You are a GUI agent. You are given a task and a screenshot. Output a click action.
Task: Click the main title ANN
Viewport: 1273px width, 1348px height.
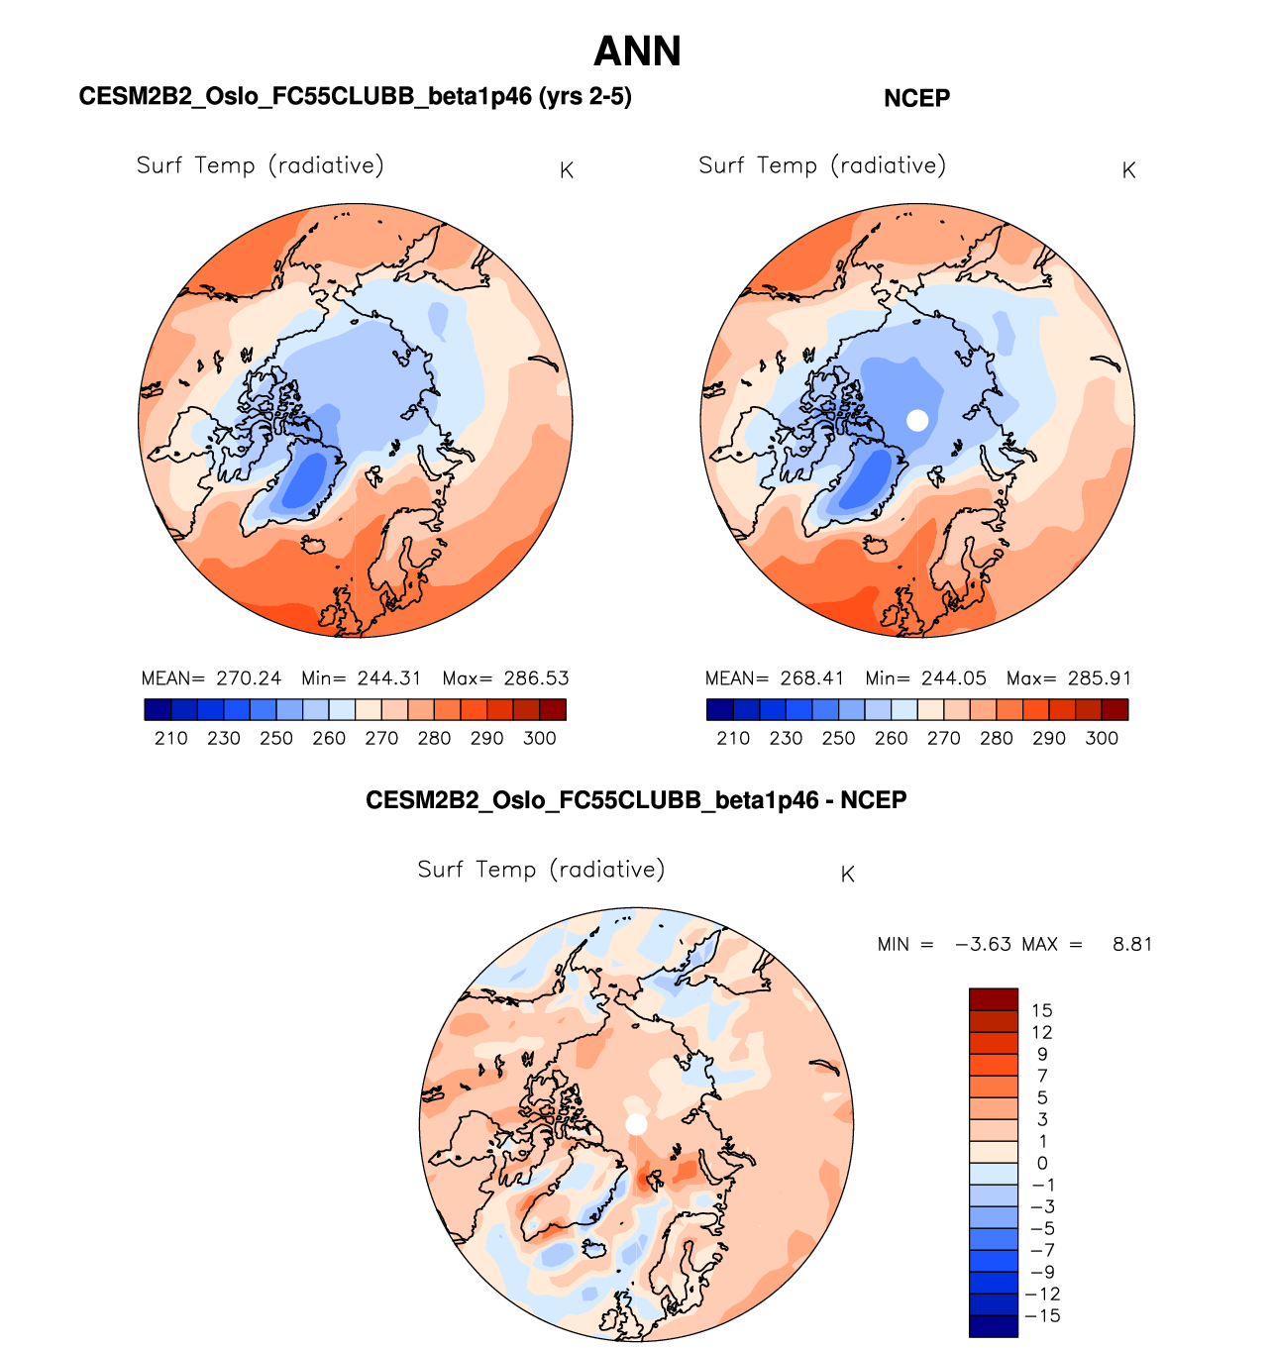(x=637, y=52)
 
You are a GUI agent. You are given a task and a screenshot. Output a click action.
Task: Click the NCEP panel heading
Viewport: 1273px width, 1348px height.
(x=916, y=98)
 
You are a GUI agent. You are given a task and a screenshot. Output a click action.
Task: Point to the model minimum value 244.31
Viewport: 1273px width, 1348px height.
(x=389, y=678)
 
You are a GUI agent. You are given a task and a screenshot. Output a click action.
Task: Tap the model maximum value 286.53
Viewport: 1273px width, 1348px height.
(x=536, y=678)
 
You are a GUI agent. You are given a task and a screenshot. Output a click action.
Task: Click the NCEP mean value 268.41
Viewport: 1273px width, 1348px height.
(x=811, y=678)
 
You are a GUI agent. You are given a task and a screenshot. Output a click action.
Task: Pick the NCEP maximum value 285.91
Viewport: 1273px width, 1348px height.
(x=1099, y=678)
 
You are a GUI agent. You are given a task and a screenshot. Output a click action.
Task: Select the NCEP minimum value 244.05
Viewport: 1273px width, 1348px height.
(x=953, y=678)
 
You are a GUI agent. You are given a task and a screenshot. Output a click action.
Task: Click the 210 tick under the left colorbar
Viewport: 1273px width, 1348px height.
(x=171, y=738)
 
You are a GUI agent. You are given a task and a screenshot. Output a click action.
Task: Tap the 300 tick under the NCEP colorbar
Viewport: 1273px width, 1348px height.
(x=1102, y=738)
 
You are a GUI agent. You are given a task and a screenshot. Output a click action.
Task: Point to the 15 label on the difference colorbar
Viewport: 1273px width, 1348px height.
(x=1041, y=1011)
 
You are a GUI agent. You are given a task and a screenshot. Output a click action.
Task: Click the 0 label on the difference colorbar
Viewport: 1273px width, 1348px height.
(x=1041, y=1164)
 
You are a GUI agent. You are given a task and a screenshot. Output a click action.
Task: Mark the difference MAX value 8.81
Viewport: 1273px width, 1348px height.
(x=1132, y=944)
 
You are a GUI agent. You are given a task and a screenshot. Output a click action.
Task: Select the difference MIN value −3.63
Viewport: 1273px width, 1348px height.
(x=983, y=944)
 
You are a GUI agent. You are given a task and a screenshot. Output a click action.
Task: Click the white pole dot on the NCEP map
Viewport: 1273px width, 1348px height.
(x=917, y=420)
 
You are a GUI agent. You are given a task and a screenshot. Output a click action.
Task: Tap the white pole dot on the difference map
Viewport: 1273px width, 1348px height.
(x=636, y=1125)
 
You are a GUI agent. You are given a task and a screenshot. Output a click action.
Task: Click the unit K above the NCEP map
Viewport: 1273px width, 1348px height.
(x=1128, y=170)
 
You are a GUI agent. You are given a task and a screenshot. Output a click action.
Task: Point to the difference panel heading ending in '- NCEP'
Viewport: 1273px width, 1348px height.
(x=636, y=800)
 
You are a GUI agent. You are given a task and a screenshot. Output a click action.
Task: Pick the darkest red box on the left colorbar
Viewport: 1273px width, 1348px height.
(x=553, y=709)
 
